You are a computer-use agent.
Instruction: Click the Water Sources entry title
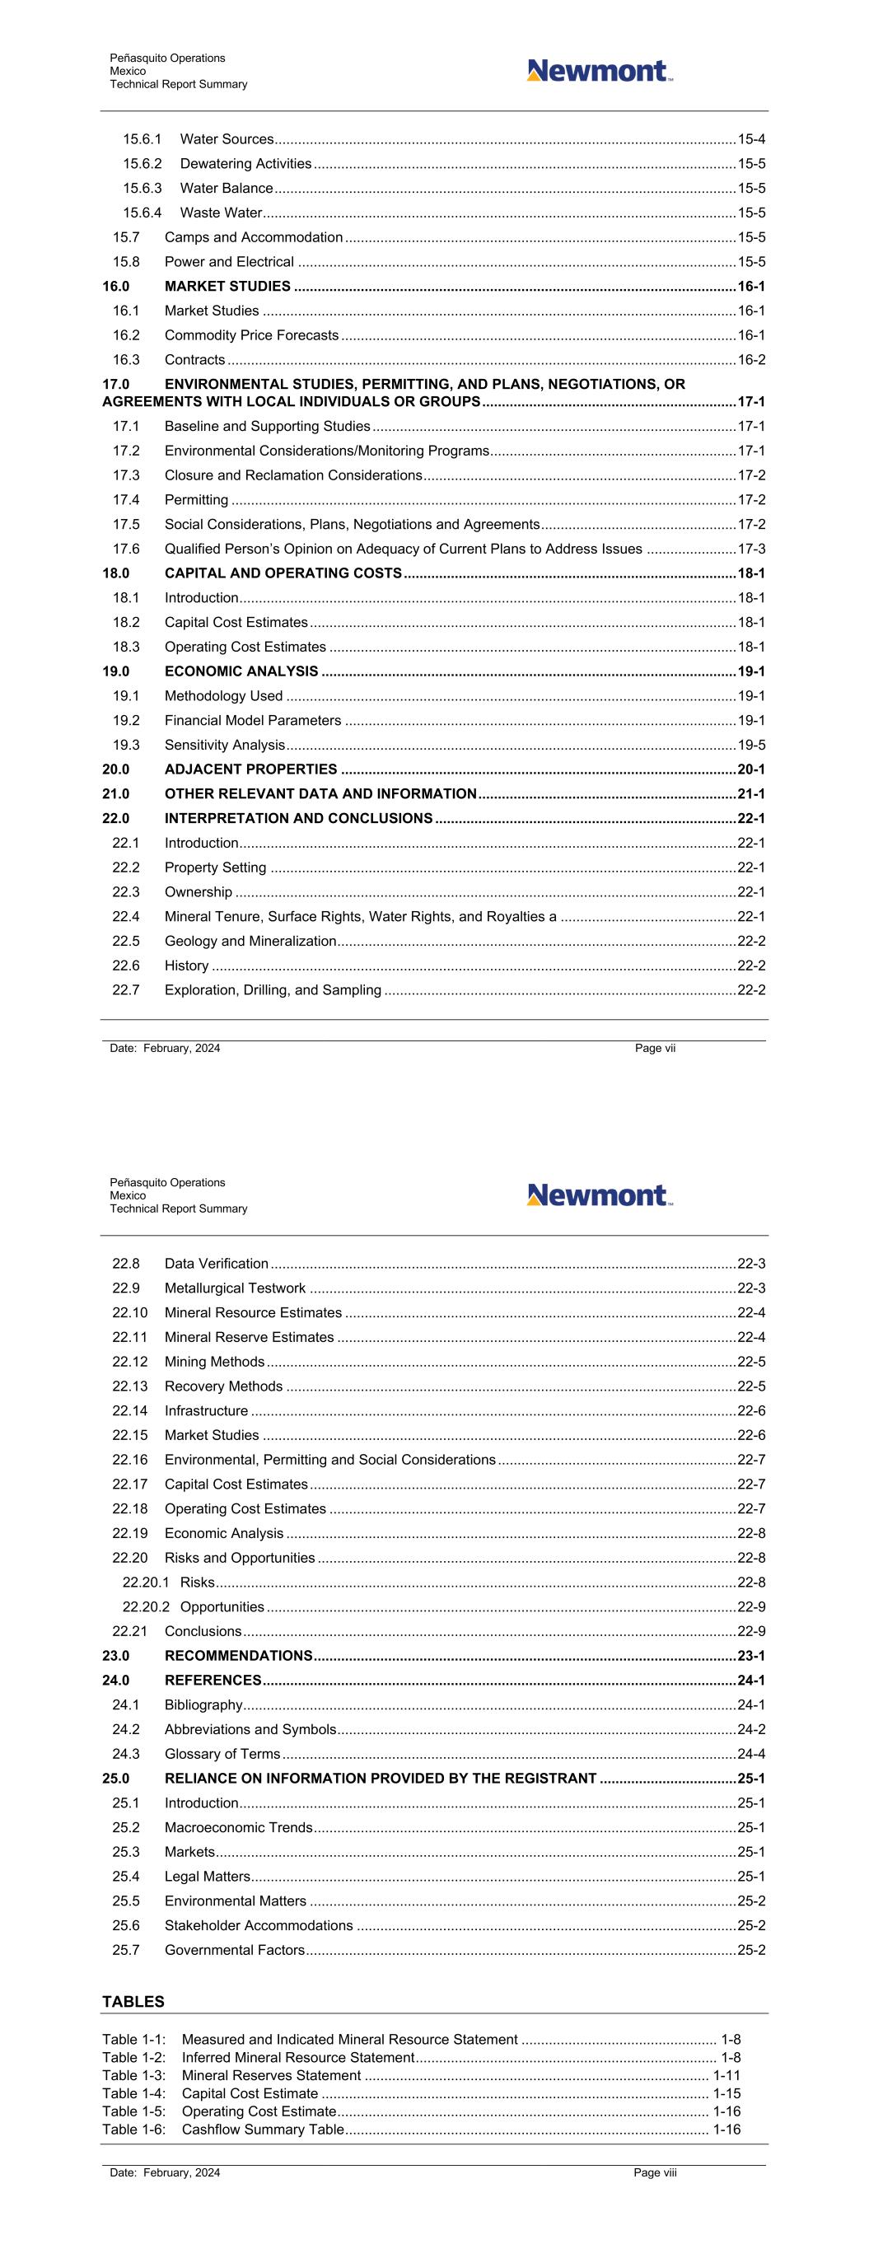coord(227,140)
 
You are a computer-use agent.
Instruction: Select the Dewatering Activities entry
coord(245,164)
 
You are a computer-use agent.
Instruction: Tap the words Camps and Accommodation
coord(253,237)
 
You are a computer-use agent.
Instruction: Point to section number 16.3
coord(126,360)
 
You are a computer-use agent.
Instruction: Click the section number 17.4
coord(126,500)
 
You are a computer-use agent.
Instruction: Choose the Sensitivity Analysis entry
coord(224,745)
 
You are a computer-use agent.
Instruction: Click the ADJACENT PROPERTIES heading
coord(250,769)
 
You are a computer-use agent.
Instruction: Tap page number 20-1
coord(751,769)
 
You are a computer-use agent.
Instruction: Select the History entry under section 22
coord(187,966)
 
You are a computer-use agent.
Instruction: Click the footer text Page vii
coord(655,1049)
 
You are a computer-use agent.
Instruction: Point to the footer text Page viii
coord(655,2173)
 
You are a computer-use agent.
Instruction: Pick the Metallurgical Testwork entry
coord(235,1288)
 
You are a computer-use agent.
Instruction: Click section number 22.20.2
coord(146,1607)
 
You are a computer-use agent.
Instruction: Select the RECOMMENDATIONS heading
coord(238,1656)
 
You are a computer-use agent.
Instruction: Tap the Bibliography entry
coord(203,1705)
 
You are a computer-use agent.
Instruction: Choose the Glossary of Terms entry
coord(222,1754)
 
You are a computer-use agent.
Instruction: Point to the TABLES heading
coord(133,2002)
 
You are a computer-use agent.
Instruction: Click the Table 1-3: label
coord(133,2075)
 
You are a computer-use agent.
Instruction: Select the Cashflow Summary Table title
coord(263,2130)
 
